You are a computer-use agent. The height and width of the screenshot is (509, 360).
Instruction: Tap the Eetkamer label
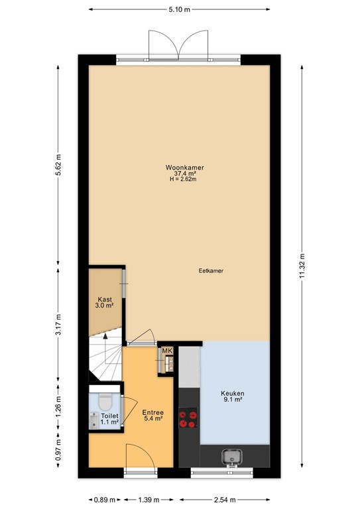click(210, 271)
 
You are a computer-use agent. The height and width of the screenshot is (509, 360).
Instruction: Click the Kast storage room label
click(105, 300)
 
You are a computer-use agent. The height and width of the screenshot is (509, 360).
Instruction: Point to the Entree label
click(152, 412)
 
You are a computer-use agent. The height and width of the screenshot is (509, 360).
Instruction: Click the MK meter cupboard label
click(167, 351)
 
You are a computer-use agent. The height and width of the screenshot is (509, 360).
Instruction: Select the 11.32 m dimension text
click(302, 266)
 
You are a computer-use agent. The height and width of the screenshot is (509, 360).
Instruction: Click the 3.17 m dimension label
click(59, 324)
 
